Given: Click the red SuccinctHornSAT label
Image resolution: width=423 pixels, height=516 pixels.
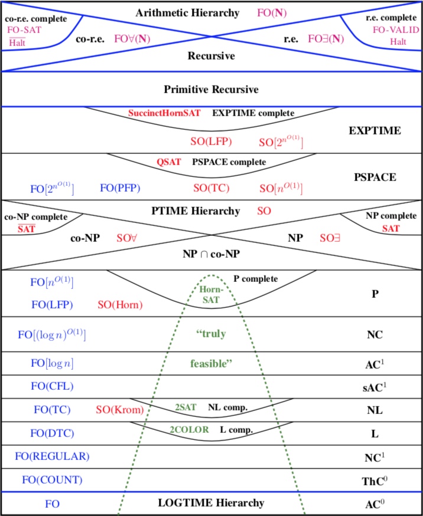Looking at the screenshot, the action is [x=164, y=113].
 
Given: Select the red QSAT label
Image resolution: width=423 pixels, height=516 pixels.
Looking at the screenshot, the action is [x=169, y=162].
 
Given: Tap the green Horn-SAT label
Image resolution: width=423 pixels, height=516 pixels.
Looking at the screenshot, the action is [x=211, y=295].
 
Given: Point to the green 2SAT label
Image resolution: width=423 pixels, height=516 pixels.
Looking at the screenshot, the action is [x=186, y=407].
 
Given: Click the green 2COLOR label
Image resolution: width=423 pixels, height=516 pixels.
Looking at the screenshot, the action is [x=189, y=430].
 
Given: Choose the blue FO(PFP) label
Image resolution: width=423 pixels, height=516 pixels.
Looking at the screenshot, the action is [x=120, y=188].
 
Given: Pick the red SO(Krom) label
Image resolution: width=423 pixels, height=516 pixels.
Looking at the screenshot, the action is [x=120, y=410].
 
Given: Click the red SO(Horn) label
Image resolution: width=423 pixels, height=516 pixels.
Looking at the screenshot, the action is [x=120, y=305].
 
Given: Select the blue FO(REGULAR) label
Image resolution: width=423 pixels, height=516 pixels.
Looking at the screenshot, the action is [x=52, y=456].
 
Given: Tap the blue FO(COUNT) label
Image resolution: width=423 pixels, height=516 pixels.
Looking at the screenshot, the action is [x=52, y=480].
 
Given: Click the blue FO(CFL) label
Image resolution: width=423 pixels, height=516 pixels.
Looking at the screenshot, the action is [x=52, y=386].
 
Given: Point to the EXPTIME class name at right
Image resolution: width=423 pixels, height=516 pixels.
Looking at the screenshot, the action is [x=375, y=131].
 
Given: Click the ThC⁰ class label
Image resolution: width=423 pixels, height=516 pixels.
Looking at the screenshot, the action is [x=375, y=481].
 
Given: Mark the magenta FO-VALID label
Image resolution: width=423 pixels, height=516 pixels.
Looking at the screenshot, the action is [x=396, y=30].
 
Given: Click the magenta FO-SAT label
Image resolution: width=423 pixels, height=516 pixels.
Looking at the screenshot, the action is [x=24, y=30].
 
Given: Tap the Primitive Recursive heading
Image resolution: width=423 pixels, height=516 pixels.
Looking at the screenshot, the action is [x=211, y=90].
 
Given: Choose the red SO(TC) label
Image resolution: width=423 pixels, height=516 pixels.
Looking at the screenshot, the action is [x=211, y=188].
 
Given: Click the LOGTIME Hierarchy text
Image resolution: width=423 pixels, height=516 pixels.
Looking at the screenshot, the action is [x=211, y=503].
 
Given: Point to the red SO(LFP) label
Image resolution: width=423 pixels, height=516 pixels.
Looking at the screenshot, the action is [x=211, y=142].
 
